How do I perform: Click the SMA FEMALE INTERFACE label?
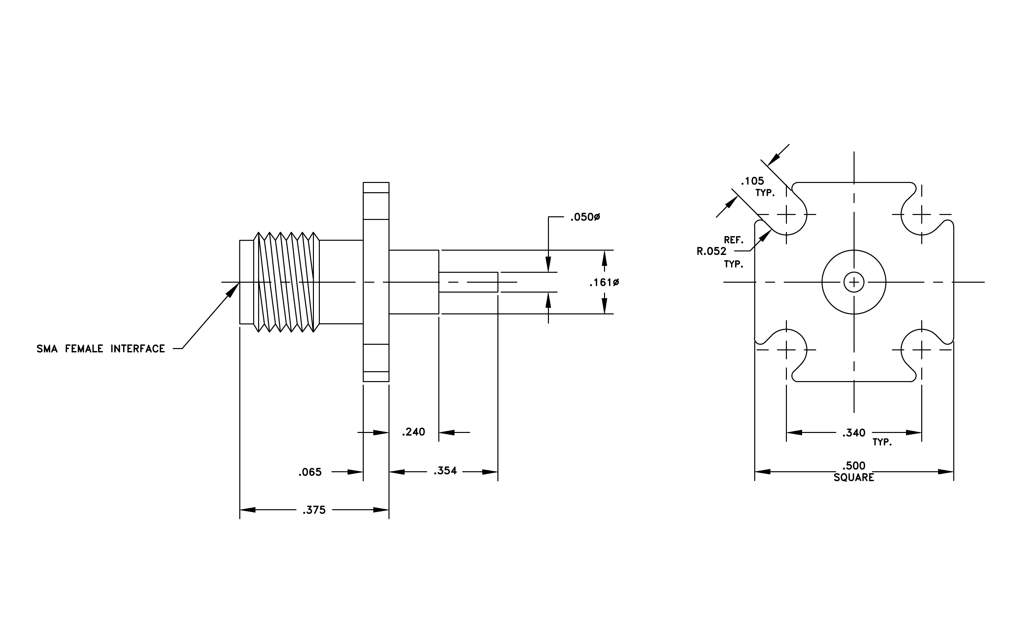pyautogui.click(x=101, y=348)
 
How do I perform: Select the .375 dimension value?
pyautogui.click(x=314, y=510)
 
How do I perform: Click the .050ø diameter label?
pyautogui.click(x=585, y=217)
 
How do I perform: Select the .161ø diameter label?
pyautogui.click(x=604, y=282)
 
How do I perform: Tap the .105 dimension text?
pyautogui.click(x=752, y=181)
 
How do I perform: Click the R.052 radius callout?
pyautogui.click(x=711, y=251)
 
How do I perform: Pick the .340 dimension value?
pyautogui.click(x=854, y=433)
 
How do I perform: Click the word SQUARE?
pyautogui.click(x=854, y=478)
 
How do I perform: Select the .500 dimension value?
pyautogui.click(x=854, y=466)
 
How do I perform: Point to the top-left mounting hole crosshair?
pyautogui.click(x=786, y=215)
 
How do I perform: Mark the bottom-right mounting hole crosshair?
pyautogui.click(x=921, y=350)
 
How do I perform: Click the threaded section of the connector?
pyautogui.click(x=287, y=282)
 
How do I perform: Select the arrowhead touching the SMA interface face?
pyautogui.click(x=233, y=290)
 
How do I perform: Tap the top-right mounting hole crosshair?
pyautogui.click(x=921, y=215)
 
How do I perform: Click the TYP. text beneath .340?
pyautogui.click(x=882, y=442)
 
